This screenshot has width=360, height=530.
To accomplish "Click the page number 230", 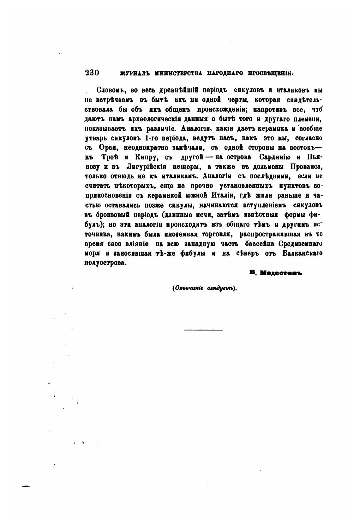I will point(92,73).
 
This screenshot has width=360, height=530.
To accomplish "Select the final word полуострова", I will point(105,263).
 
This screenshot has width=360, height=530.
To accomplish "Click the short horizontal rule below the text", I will point(203,330).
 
